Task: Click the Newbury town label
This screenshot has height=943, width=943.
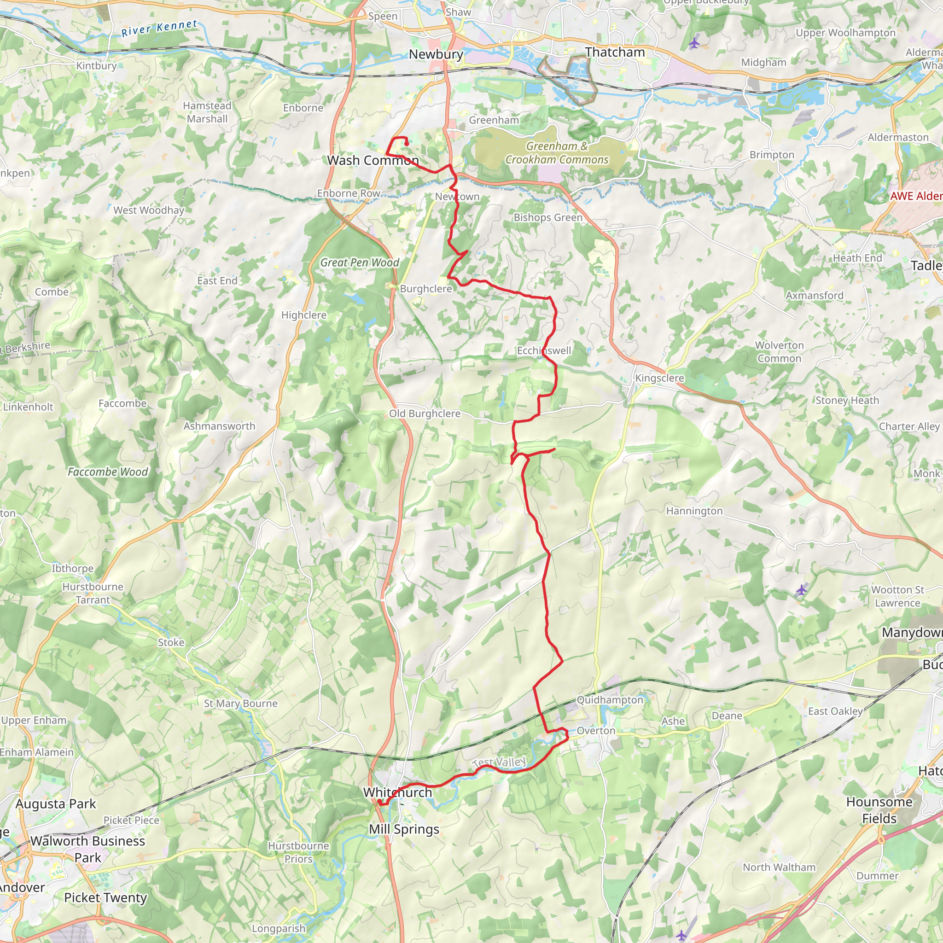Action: point(436,54)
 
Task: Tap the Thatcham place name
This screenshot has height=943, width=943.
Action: point(615,52)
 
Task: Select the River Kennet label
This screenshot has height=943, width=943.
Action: point(159,28)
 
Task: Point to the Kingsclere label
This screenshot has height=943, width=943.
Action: point(659,378)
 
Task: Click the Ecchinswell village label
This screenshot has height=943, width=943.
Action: point(544,350)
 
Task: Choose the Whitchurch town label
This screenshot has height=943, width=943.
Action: point(397,792)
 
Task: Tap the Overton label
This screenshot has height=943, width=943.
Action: point(596,731)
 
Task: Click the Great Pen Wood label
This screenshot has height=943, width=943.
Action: point(360,262)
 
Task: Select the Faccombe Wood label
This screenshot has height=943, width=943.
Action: point(107,472)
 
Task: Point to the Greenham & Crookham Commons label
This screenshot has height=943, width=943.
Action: point(557,153)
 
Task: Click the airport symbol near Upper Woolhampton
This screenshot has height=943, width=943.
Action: point(694,43)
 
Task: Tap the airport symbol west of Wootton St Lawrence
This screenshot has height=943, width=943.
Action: point(802,591)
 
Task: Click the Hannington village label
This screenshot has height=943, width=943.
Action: point(694,511)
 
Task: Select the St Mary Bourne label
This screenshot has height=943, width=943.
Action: point(241,704)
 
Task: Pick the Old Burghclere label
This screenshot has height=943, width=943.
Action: point(425,413)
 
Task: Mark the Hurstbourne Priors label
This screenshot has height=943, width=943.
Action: point(298,852)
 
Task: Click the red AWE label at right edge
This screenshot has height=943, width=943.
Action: point(916,196)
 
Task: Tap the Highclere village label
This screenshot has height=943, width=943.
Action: point(303,315)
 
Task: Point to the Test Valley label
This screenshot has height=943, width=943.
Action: point(499,762)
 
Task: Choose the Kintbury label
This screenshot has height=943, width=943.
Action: point(96,66)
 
